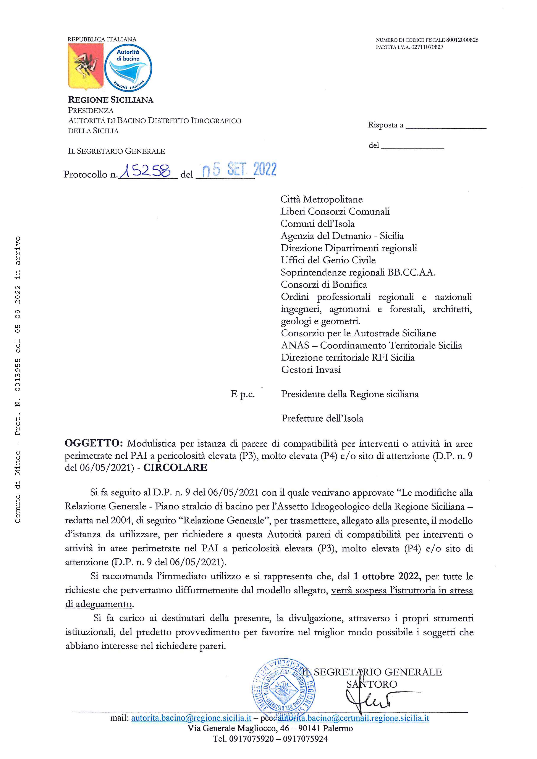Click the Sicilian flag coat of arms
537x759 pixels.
tap(85, 67)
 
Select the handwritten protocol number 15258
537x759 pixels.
tap(146, 171)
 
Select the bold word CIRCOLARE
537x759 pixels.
tap(175, 467)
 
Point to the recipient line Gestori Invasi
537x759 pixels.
tap(311, 370)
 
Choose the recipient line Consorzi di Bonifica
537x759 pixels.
tap(324, 285)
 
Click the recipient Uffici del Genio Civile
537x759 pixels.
tap(328, 260)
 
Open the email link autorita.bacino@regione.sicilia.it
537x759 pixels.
tap(191, 718)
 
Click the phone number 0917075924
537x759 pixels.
tap(302, 739)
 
